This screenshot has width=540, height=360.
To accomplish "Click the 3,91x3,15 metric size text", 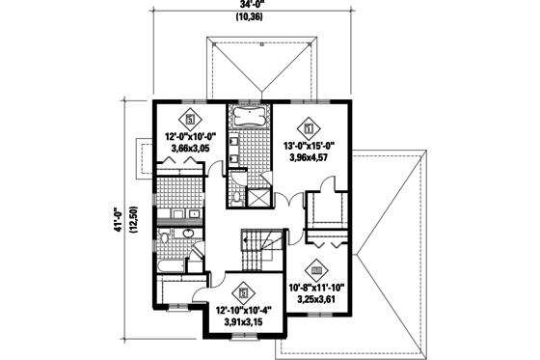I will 243,320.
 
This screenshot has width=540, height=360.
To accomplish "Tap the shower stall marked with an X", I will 258,198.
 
